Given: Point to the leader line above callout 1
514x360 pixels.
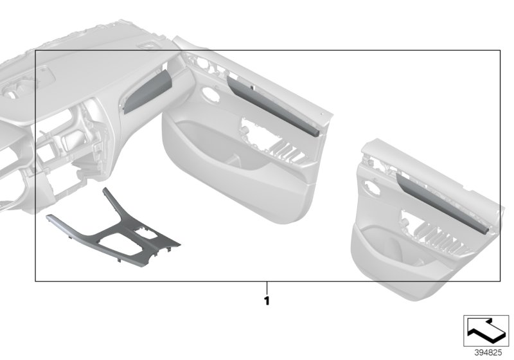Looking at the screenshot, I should pyautogui.click(x=266, y=288).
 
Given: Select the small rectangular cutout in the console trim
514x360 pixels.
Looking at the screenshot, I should pyautogui.click(x=146, y=229).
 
